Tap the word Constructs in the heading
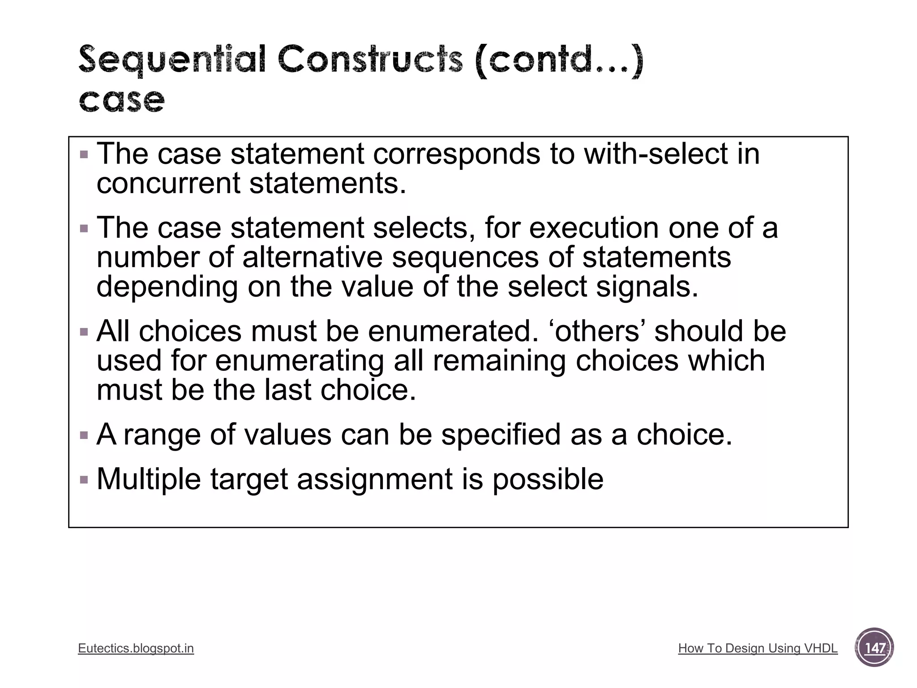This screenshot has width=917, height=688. click(x=370, y=60)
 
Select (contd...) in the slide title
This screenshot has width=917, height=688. click(x=559, y=60)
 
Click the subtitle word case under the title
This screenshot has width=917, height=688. click(x=122, y=100)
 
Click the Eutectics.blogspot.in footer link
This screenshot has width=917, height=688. click(x=136, y=648)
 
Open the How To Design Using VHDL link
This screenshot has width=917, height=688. click(x=758, y=648)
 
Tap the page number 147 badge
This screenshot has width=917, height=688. click(x=874, y=648)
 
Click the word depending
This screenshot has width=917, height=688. click(x=167, y=287)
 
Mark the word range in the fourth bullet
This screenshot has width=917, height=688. click(x=162, y=434)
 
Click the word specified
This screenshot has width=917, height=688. click(x=501, y=434)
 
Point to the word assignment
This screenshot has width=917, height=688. click(x=375, y=479)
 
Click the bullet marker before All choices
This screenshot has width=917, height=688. click(x=84, y=332)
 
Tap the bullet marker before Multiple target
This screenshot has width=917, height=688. click(x=84, y=480)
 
